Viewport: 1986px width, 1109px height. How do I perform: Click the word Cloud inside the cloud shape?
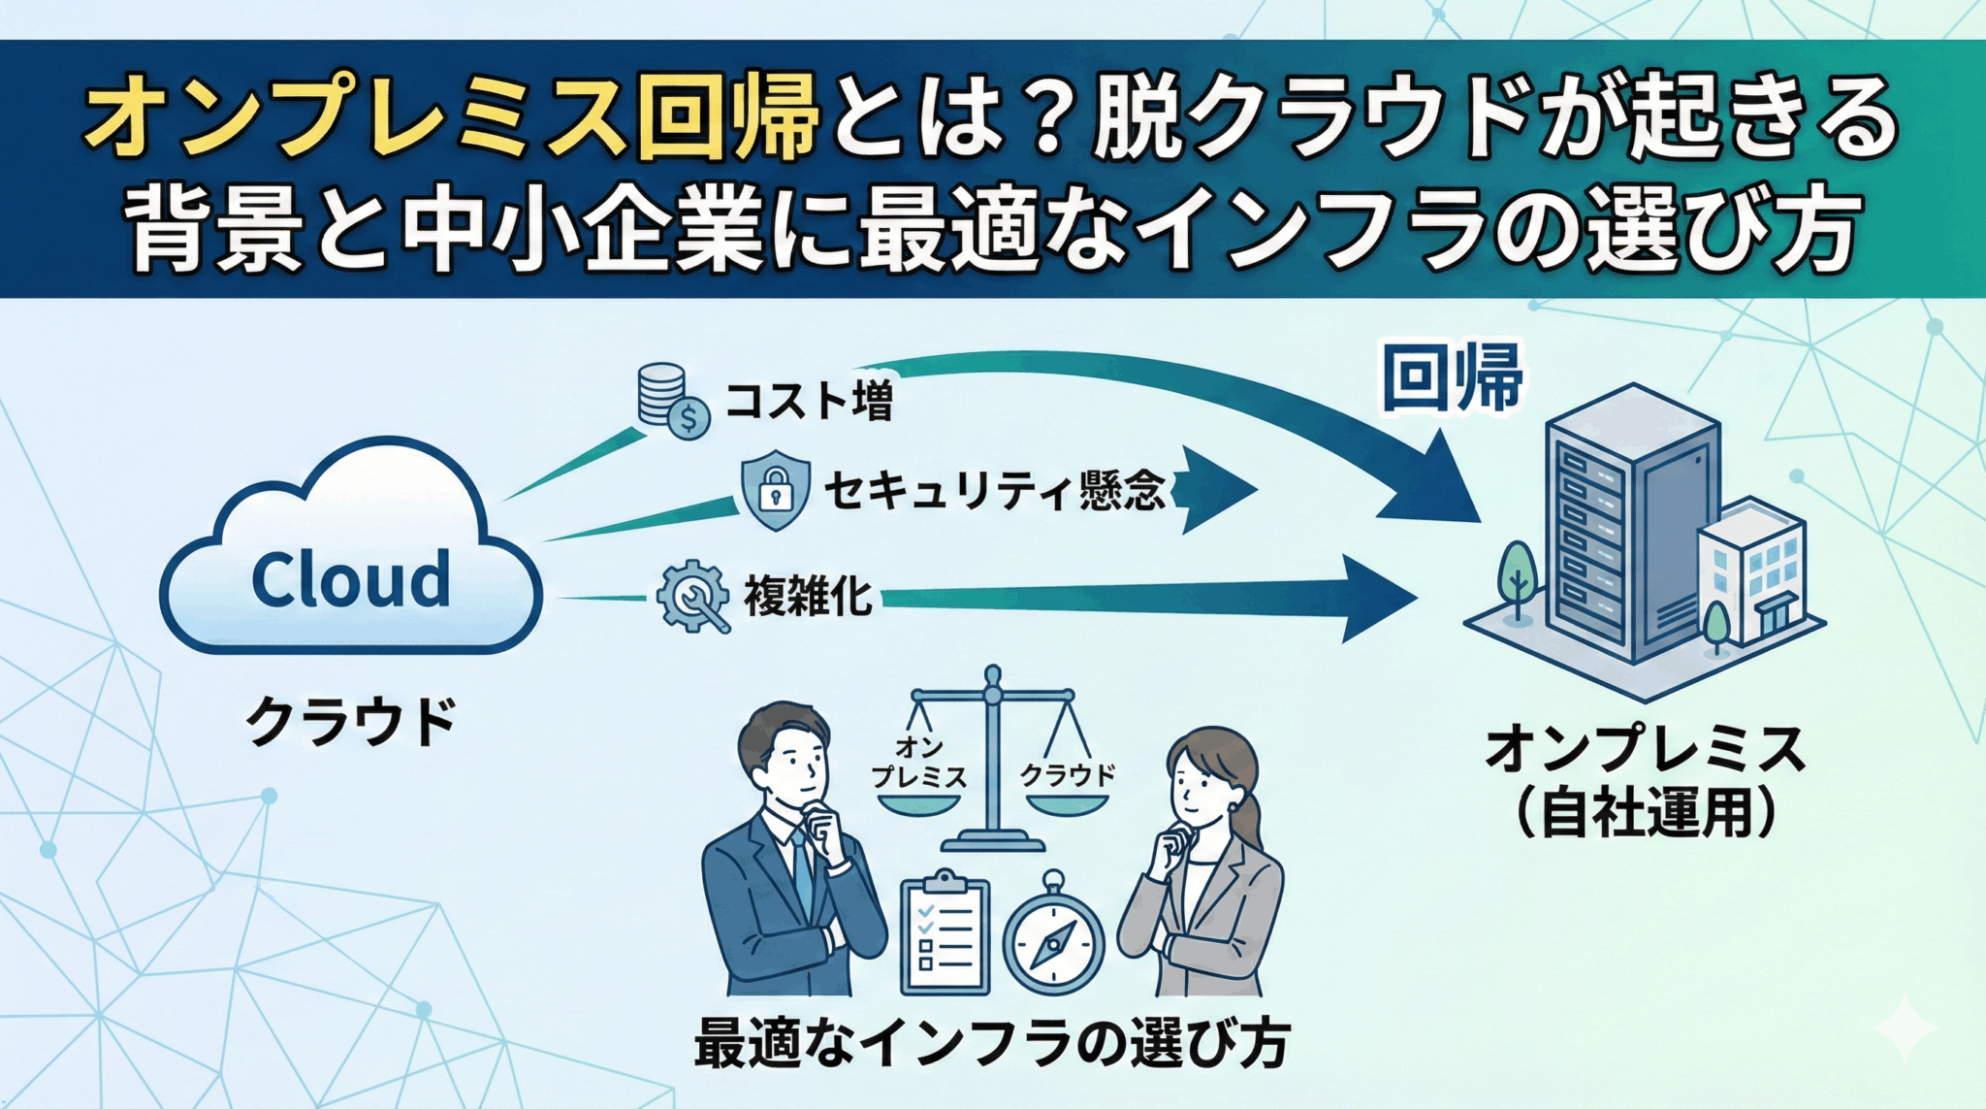click(351, 579)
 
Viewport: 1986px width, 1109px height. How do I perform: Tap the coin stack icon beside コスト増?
click(670, 399)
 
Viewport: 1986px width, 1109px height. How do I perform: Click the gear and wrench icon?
click(692, 597)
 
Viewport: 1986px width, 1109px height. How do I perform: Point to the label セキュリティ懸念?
click(993, 490)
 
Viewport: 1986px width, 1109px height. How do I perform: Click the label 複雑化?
click(808, 597)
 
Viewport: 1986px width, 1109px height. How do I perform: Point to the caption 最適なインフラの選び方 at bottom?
click(992, 1044)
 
